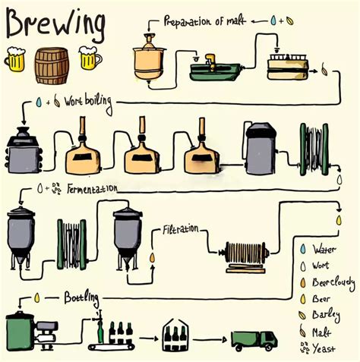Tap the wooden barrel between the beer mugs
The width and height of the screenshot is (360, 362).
[52, 65]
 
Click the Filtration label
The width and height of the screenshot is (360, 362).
[180, 227]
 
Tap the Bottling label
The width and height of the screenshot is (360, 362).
[79, 294]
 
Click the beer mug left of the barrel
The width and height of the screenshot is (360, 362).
[16, 59]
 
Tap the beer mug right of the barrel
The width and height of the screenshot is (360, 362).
[89, 58]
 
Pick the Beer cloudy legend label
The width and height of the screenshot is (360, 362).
[333, 282]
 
